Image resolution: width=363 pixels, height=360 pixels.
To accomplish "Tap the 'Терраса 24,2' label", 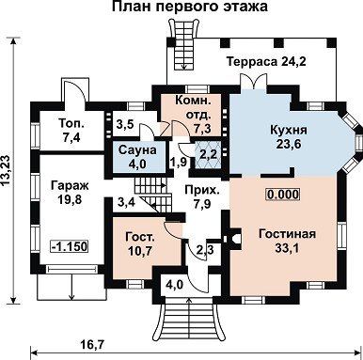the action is tap(266, 61).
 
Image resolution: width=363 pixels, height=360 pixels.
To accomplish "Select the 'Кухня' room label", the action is tap(289, 130).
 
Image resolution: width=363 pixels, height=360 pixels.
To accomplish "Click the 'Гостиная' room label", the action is tap(288, 234).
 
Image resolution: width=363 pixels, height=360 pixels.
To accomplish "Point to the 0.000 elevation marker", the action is tap(283, 195).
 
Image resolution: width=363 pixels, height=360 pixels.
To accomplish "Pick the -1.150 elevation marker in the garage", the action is tap(69, 246).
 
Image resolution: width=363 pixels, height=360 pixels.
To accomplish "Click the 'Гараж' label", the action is tap(71, 185).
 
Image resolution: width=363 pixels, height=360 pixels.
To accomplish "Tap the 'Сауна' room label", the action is tap(137, 150).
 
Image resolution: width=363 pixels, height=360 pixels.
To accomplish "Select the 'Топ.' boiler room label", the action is tap(71, 123).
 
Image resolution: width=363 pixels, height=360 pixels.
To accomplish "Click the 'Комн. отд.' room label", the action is tap(193, 107).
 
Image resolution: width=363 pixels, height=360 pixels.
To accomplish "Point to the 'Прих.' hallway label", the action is tap(202, 190).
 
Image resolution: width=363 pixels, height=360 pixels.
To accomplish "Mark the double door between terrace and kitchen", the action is tap(254, 81).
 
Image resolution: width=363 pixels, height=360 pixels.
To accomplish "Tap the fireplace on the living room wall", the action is tap(232, 239).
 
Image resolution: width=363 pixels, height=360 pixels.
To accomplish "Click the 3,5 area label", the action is tap(125, 124).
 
